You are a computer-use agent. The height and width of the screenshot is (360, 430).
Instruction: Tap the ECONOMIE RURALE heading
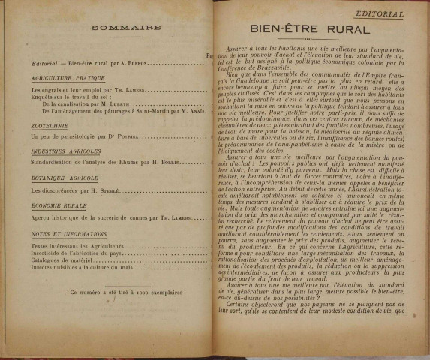pos(58,204)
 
